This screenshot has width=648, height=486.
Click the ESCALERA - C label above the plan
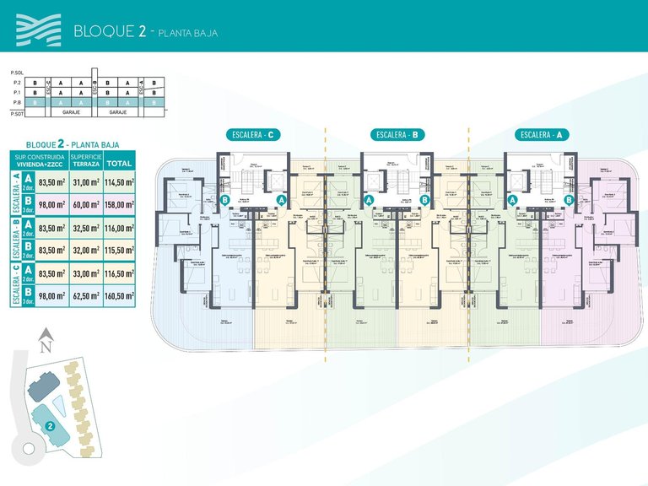point(254,134)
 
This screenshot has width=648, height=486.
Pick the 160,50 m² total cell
point(120,295)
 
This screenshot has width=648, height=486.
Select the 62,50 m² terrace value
point(86,295)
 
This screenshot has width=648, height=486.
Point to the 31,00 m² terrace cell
point(86,182)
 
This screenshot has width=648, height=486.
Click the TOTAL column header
point(120,163)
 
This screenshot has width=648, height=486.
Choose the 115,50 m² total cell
point(120,250)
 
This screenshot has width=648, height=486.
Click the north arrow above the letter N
point(46,334)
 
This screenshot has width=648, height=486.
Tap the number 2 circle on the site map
point(51,426)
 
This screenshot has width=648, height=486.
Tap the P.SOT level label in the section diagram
point(14,111)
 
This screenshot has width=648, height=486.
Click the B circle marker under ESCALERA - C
point(225,200)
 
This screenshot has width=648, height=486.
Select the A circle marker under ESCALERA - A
point(512,200)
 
